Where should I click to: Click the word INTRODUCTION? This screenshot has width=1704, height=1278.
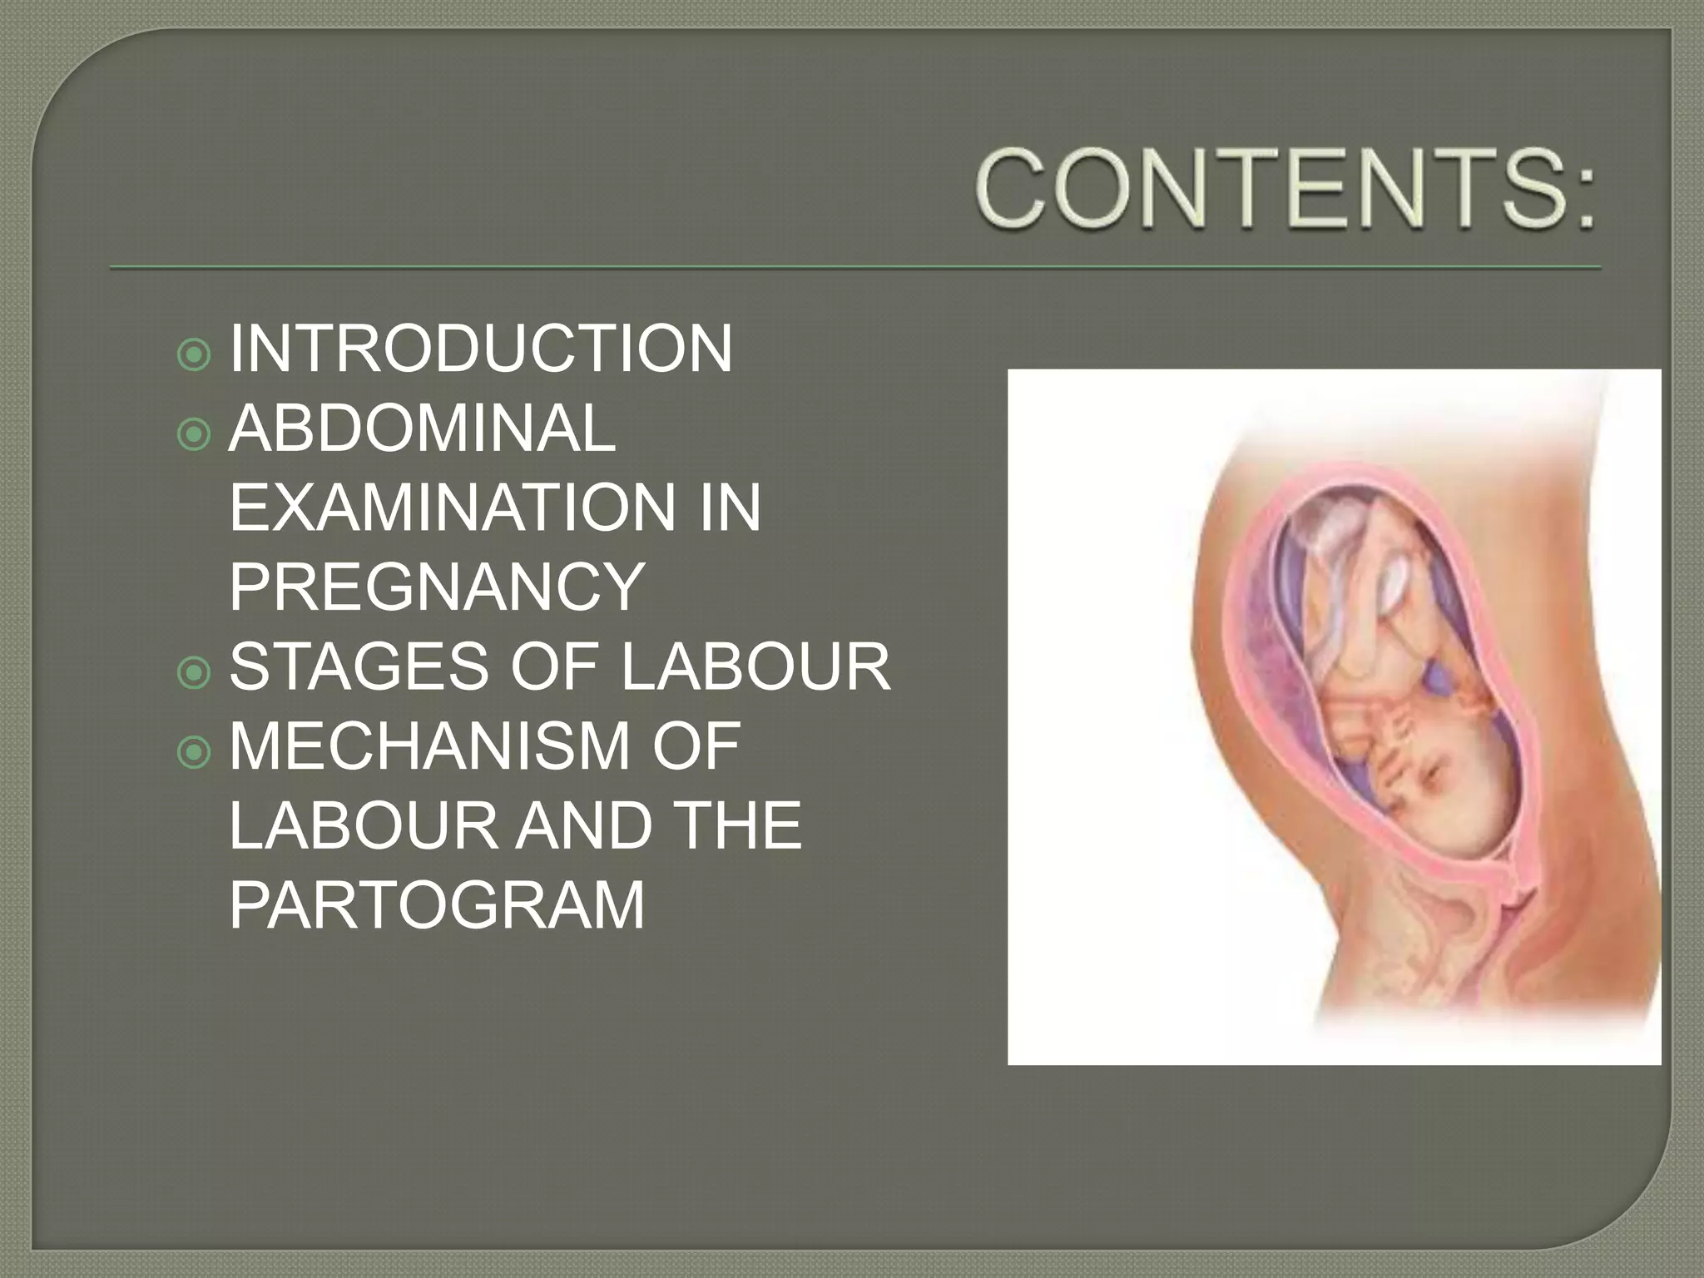tap(481, 349)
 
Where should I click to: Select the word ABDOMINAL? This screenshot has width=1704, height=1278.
tap(422, 428)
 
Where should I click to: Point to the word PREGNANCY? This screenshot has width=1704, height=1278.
tap(437, 587)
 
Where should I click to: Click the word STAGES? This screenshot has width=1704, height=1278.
tap(359, 666)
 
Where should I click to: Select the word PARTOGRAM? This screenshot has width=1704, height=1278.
tap(437, 904)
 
